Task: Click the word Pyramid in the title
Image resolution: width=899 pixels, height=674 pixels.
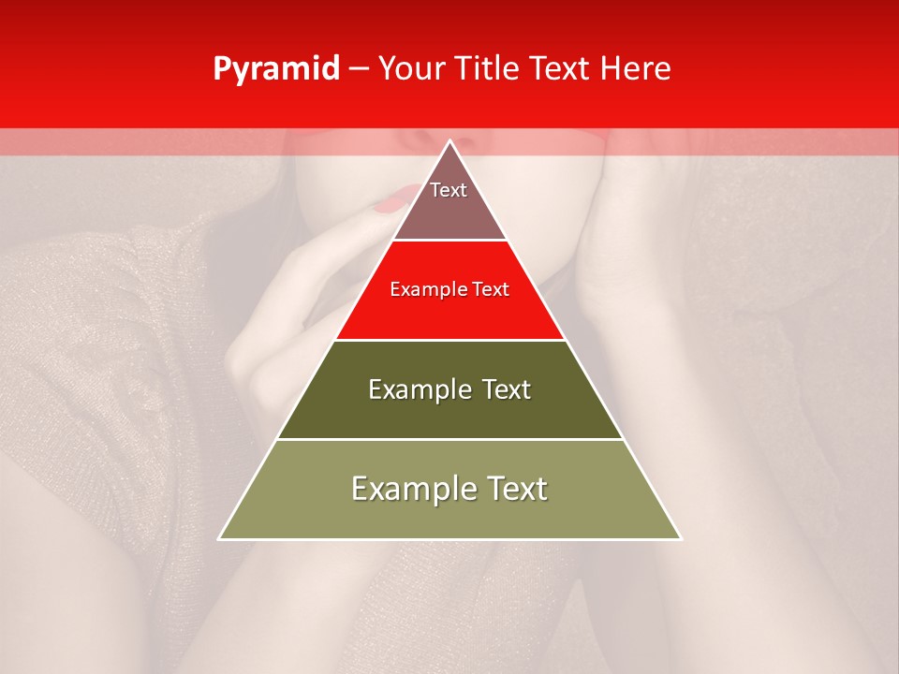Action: pyautogui.click(x=276, y=69)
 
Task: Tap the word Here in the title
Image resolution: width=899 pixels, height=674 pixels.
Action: pyautogui.click(x=635, y=69)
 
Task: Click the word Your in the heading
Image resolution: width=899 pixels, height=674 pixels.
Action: pyautogui.click(x=412, y=69)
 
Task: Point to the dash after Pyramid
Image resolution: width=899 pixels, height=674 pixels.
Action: pyautogui.click(x=359, y=70)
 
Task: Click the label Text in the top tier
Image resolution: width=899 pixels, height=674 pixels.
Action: pyautogui.click(x=449, y=191)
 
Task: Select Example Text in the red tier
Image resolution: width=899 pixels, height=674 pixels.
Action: pyautogui.click(x=449, y=290)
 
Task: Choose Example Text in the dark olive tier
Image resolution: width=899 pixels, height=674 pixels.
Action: pyautogui.click(x=449, y=389)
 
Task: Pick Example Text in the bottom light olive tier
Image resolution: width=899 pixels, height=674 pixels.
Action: pyautogui.click(x=449, y=489)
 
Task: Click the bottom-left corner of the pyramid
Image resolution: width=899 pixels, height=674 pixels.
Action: pyautogui.click(x=220, y=538)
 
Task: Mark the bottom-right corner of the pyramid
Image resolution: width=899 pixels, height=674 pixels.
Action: pyautogui.click(x=681, y=538)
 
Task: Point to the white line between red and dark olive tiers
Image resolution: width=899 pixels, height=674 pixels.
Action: pyautogui.click(x=449, y=340)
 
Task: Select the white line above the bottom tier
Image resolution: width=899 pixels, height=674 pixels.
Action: pyautogui.click(x=449, y=439)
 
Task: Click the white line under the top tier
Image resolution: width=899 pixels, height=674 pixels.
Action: pyautogui.click(x=449, y=241)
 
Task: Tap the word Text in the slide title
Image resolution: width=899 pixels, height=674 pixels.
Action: pyautogui.click(x=561, y=69)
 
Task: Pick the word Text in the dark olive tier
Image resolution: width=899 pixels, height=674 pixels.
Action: pyautogui.click(x=506, y=389)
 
